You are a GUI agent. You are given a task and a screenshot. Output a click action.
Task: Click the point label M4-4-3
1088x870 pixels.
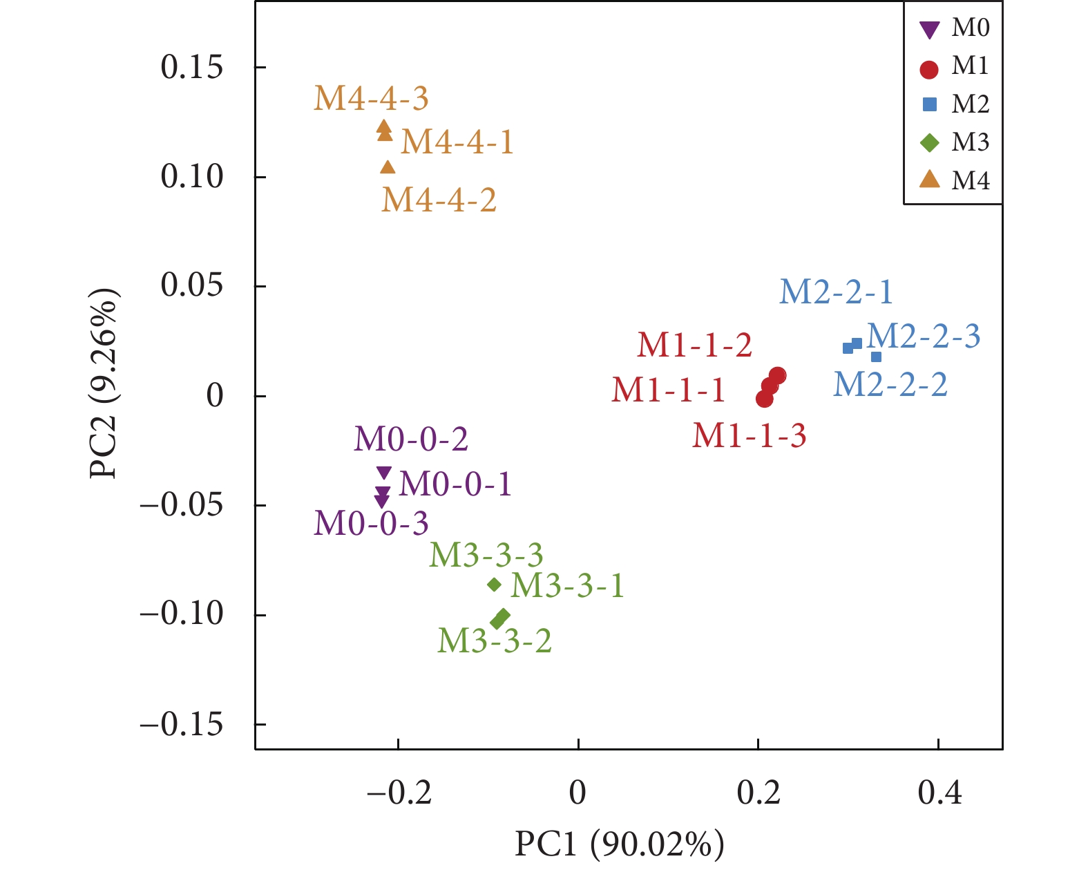[371, 99]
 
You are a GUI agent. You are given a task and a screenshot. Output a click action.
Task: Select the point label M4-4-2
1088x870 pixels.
[439, 200]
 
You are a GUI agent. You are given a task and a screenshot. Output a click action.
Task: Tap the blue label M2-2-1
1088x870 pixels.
[836, 292]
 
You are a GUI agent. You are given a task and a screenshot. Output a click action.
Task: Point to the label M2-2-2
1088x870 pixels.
[890, 385]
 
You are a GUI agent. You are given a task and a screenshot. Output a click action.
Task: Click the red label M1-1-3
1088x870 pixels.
[750, 436]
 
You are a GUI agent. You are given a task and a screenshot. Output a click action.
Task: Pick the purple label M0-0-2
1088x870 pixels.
[411, 439]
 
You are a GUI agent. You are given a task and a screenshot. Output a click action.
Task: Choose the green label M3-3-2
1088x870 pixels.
[495, 641]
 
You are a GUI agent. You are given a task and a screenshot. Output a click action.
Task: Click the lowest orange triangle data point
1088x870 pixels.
[388, 167]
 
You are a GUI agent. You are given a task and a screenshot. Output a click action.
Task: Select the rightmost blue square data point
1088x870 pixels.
[876, 357]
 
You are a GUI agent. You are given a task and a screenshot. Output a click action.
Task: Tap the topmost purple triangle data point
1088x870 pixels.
[384, 473]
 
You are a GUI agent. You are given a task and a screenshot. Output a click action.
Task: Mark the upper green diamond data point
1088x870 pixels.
[494, 585]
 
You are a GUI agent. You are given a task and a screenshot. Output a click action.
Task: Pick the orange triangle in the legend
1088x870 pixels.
[930, 180]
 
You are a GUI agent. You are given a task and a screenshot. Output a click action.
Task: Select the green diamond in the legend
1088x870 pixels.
[930, 143]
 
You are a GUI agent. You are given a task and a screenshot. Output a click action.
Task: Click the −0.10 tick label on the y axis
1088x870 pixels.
[182, 614]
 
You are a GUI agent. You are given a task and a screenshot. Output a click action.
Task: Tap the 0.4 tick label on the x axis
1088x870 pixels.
[939, 793]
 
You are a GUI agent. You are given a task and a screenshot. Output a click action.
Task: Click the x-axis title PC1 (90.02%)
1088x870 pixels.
[619, 844]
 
